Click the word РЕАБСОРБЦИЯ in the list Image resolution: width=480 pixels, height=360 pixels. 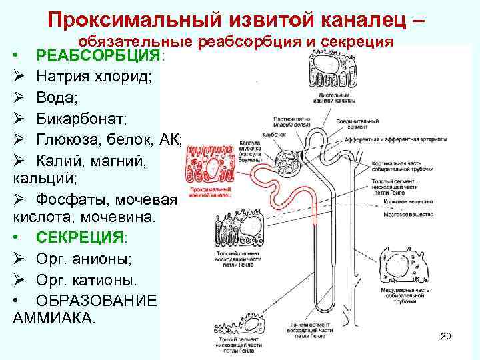click(x=97, y=55)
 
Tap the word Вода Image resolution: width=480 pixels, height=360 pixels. click(x=56, y=98)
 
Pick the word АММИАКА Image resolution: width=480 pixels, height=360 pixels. click(x=54, y=317)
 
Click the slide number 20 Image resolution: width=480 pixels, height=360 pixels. click(x=446, y=336)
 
